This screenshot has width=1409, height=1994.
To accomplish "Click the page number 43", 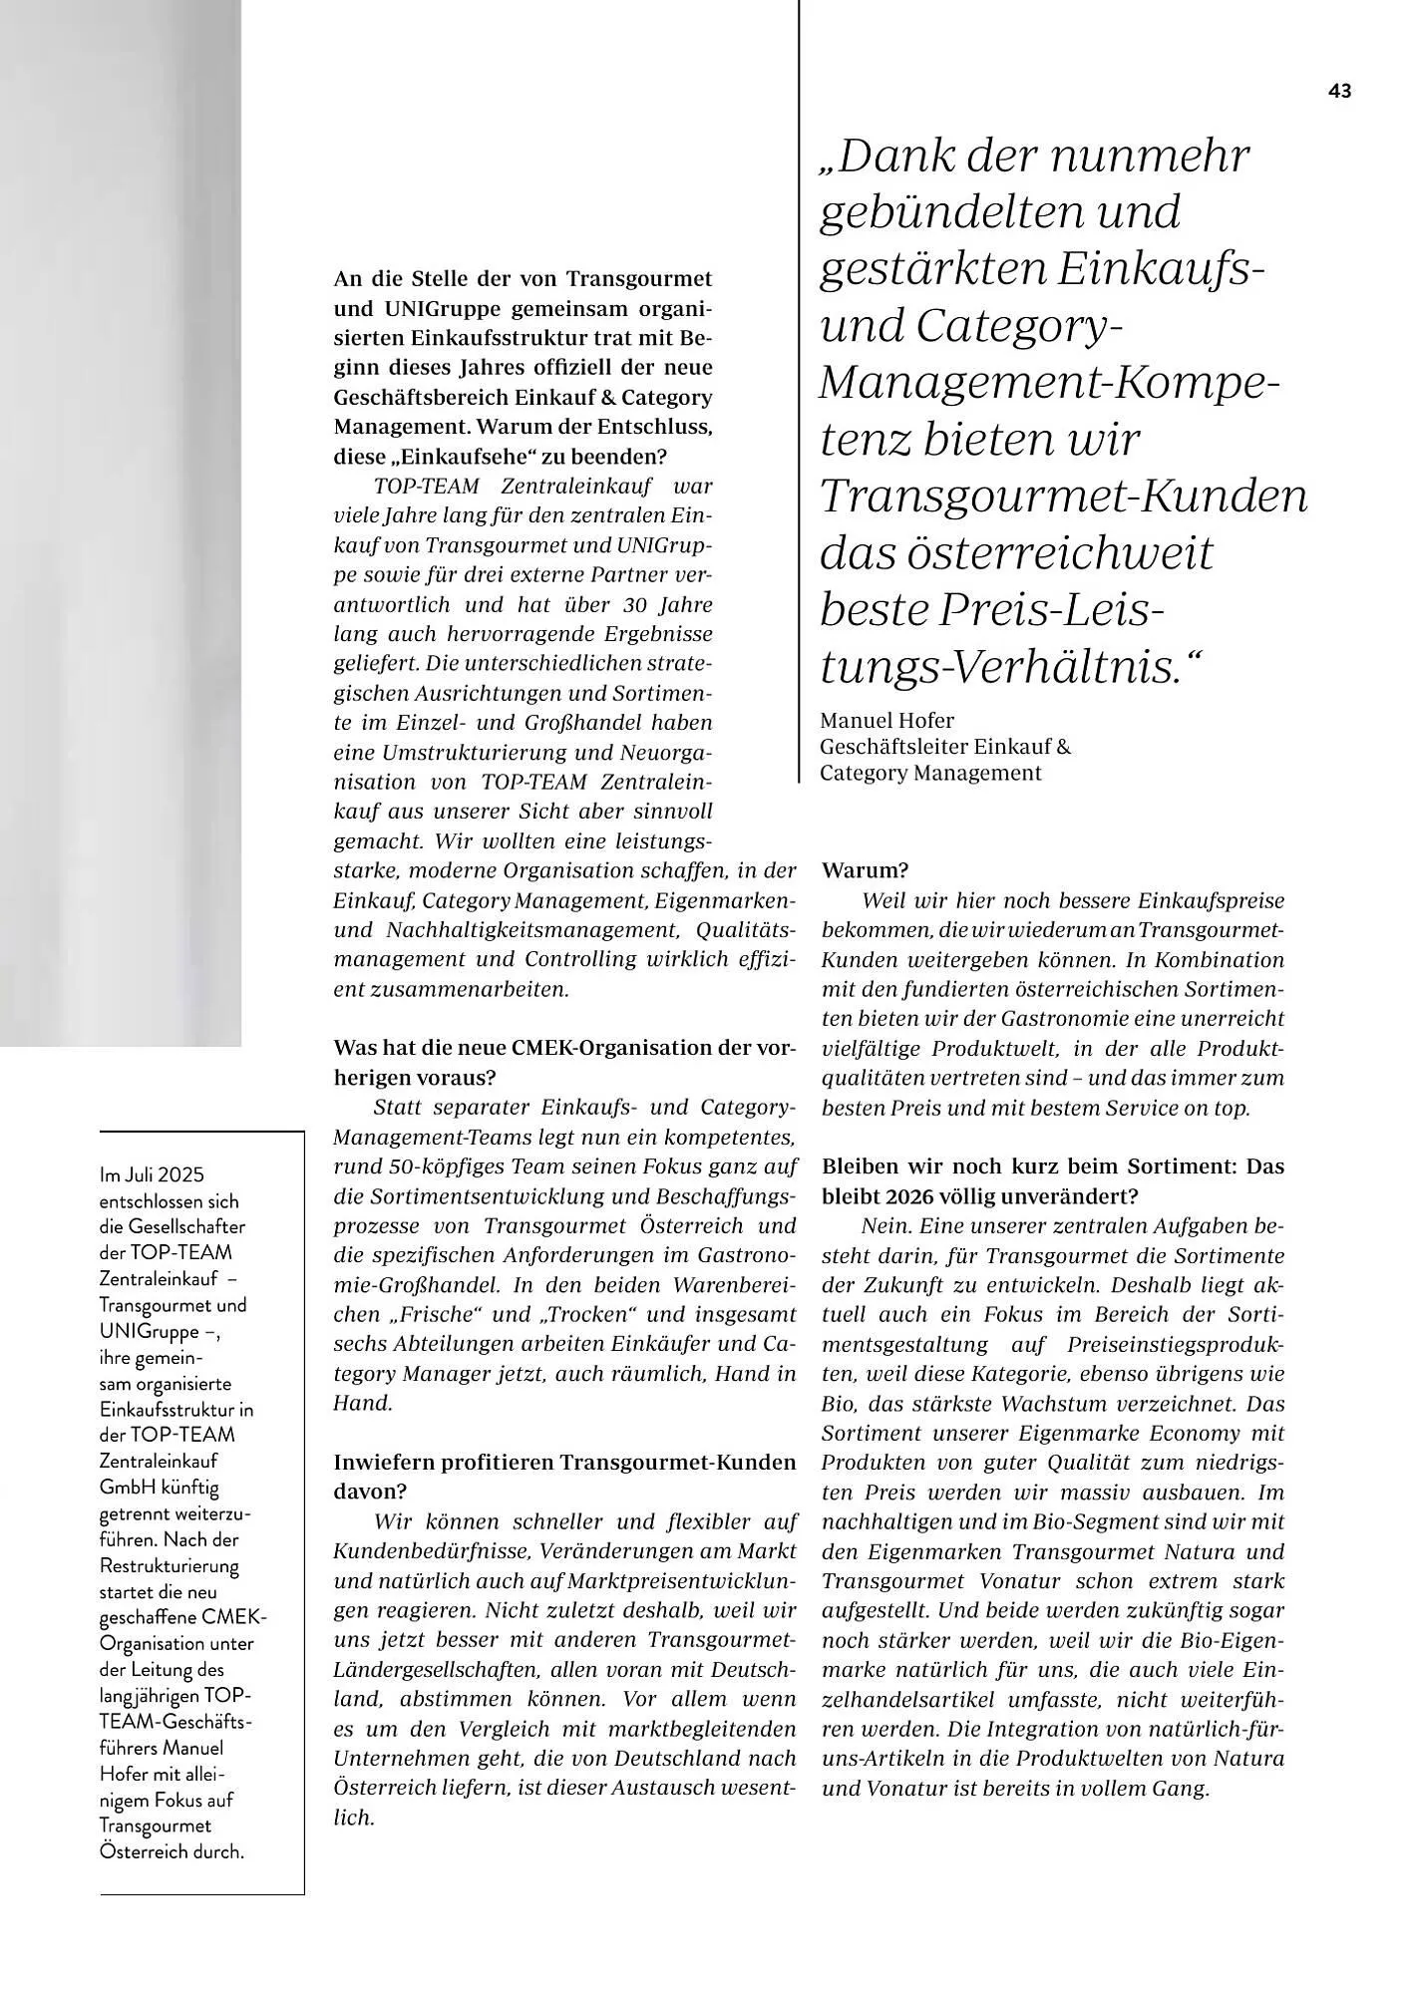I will [1339, 91].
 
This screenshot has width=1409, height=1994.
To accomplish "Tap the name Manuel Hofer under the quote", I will [886, 720].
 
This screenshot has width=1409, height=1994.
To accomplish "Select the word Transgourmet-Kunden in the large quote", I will [1063, 496].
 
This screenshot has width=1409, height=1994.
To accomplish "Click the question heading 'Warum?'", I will [865, 870].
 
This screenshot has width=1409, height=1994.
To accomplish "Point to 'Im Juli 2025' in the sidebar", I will [152, 1175].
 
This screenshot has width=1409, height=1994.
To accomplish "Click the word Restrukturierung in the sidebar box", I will [169, 1565].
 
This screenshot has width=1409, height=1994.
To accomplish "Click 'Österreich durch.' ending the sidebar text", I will [172, 1851].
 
